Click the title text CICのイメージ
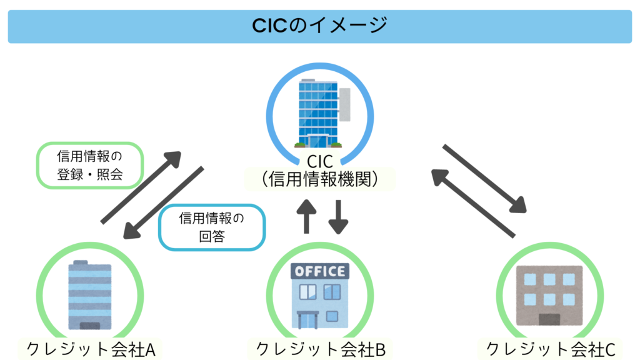click(319, 26)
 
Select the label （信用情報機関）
click(320, 180)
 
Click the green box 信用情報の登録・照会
click(90, 165)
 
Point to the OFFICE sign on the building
click(319, 271)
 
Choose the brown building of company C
click(549, 295)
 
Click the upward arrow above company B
click(306, 216)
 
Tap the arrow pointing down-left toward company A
click(164, 204)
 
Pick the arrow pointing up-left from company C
click(473, 204)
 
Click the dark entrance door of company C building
click(549, 319)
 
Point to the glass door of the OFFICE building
click(307, 319)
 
